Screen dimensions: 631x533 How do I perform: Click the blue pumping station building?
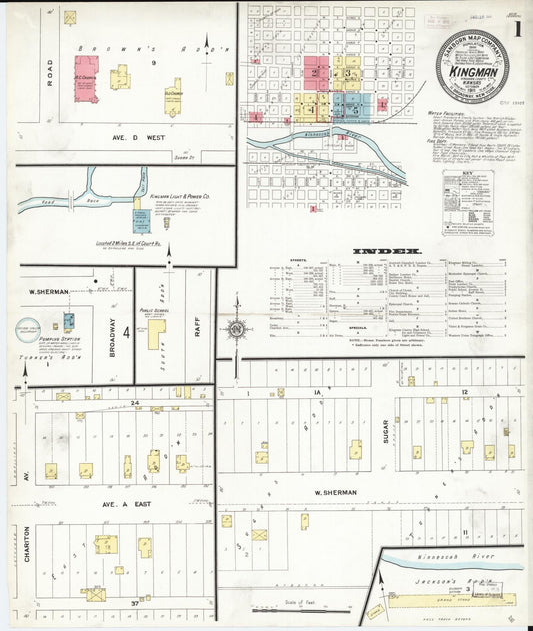68,322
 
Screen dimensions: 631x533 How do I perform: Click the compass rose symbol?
237,326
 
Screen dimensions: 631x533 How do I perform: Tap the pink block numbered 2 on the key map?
316,72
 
